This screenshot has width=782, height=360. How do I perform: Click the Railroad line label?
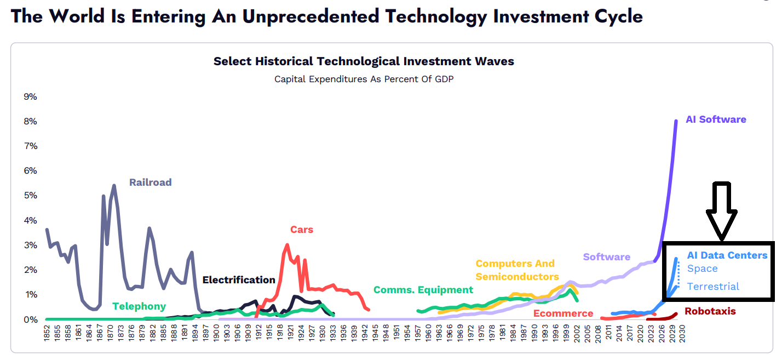pos(150,182)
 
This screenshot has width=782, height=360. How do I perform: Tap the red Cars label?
pos(302,230)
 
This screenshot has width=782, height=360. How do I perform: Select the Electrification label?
pos(239,280)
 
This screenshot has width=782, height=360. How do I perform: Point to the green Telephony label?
pos(139,306)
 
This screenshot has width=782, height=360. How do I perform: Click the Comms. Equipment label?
pos(423,290)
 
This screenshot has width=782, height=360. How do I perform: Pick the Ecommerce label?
pos(563,313)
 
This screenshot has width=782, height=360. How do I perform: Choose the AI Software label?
pos(716,119)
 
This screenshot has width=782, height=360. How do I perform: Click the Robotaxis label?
pos(710,311)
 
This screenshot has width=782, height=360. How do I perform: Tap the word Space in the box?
pos(702,268)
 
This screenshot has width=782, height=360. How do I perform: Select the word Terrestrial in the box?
pos(713,287)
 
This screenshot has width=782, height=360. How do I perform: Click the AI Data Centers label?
pos(727,255)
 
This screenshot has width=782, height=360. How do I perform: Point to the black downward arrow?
pos(721,211)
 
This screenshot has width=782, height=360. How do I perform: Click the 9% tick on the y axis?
pos(30,97)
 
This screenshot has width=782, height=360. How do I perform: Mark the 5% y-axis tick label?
pos(30,196)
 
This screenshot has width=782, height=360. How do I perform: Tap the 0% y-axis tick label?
pos(30,319)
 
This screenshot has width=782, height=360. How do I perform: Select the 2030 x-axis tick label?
pos(682,335)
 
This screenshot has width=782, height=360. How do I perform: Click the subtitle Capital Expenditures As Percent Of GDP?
pos(364,79)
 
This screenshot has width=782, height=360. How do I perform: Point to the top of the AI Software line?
pos(676,121)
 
